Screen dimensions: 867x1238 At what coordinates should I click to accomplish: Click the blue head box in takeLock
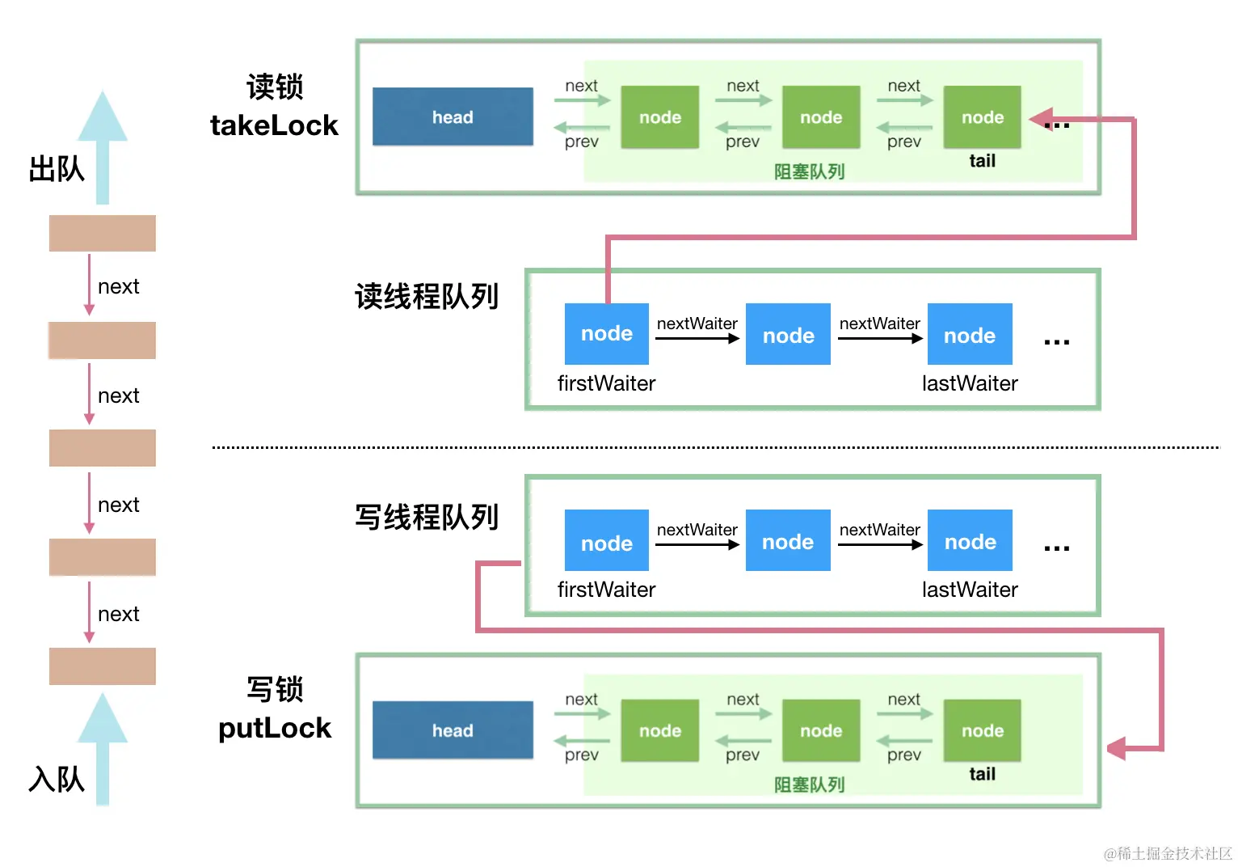[453, 117]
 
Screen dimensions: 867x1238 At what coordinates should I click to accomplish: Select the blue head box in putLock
[453, 730]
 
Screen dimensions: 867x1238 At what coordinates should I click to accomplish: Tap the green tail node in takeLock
[982, 117]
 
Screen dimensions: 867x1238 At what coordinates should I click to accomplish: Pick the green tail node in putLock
[982, 730]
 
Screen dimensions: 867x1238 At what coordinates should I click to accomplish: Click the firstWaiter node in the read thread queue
[607, 333]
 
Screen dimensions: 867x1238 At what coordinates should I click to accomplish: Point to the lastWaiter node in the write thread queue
[970, 541]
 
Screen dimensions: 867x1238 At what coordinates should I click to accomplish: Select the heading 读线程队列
[427, 297]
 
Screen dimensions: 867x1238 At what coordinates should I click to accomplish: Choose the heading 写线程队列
[427, 517]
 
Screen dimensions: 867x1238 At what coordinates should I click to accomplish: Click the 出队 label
[57, 170]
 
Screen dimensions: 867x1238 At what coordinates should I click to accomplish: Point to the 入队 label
[57, 780]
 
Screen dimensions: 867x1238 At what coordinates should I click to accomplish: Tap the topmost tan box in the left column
[103, 233]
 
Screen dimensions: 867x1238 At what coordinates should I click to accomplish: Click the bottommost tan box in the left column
[103, 666]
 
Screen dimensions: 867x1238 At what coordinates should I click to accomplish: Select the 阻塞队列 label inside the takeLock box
[809, 171]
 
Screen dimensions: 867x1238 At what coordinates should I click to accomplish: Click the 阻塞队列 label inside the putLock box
[809, 785]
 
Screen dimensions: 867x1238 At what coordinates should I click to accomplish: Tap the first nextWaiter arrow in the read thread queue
[697, 338]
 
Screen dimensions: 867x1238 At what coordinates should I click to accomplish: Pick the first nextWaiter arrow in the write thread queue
[697, 544]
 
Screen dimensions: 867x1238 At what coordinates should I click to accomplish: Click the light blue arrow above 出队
[103, 146]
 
